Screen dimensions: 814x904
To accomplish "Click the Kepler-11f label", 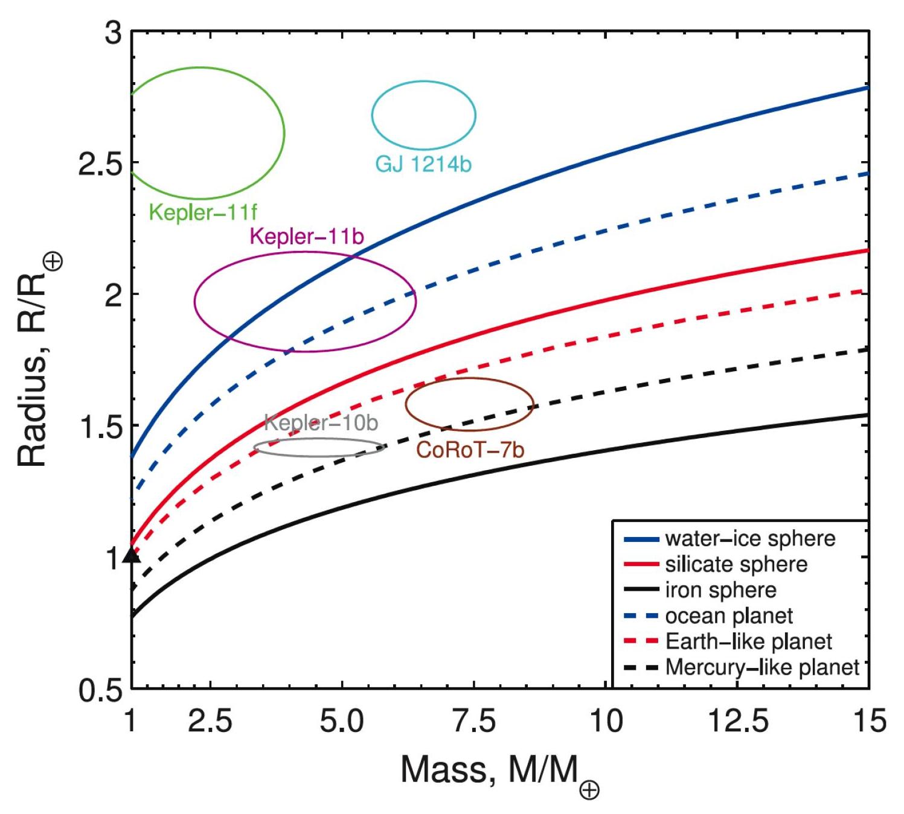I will (203, 212).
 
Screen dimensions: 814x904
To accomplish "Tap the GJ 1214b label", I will (423, 164).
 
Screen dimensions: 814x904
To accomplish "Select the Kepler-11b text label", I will (307, 236).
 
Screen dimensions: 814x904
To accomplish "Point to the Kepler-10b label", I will (321, 422).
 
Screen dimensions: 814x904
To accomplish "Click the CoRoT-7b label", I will (470, 450).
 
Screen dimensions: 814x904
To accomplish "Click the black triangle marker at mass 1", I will (131, 555).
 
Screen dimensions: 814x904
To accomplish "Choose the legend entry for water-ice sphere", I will (750, 538).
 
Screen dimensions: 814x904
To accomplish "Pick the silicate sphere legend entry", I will (736, 564).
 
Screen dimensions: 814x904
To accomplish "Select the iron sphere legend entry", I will (720, 590).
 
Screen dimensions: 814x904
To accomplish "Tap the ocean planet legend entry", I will (729, 615).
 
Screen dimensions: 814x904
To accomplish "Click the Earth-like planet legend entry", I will (748, 641).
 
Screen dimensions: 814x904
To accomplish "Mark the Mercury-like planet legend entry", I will (762, 667).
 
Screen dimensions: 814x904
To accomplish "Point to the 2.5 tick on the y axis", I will (100, 164).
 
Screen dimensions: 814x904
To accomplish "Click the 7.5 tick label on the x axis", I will (474, 720).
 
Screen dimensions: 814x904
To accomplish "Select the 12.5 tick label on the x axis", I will (737, 720).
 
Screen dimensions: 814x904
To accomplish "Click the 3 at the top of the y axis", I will (113, 33).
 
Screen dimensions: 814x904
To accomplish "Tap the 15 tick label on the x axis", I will (870, 720).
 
